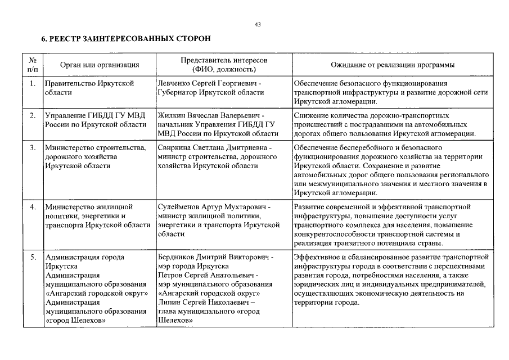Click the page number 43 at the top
258,25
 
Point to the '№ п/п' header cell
33,65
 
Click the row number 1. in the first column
33,83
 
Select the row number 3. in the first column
33,147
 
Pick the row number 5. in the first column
33,257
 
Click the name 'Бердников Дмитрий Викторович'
211,257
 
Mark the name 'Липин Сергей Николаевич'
200,303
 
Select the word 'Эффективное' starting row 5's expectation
316,257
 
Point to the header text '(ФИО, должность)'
224,70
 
